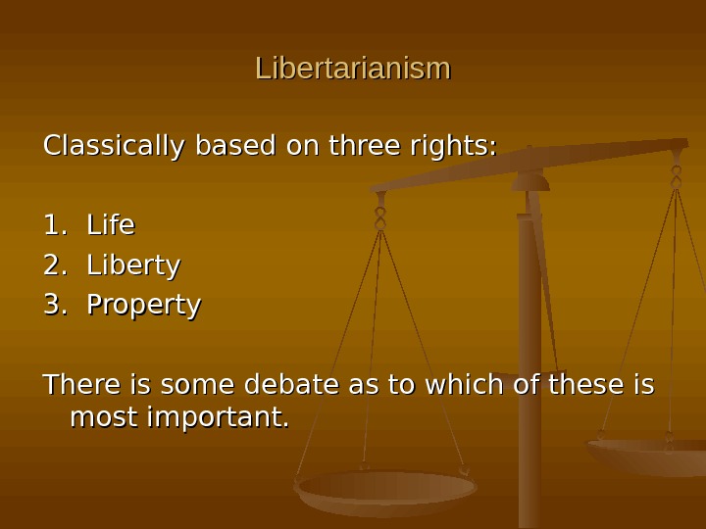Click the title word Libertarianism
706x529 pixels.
tap(353, 69)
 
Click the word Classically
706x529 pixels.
tap(113, 147)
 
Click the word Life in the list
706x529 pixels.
tap(111, 225)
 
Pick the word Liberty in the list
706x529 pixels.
tap(133, 265)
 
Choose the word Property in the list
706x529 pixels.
tap(144, 306)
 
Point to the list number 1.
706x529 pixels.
tap(55, 225)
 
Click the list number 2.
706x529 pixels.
tap(55, 265)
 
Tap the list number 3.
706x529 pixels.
tap(55, 306)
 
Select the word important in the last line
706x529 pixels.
tap(217, 418)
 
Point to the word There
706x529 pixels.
tap(79, 385)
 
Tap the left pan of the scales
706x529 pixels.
tap(386, 490)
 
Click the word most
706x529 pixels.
tap(104, 418)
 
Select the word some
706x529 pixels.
tap(192, 385)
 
